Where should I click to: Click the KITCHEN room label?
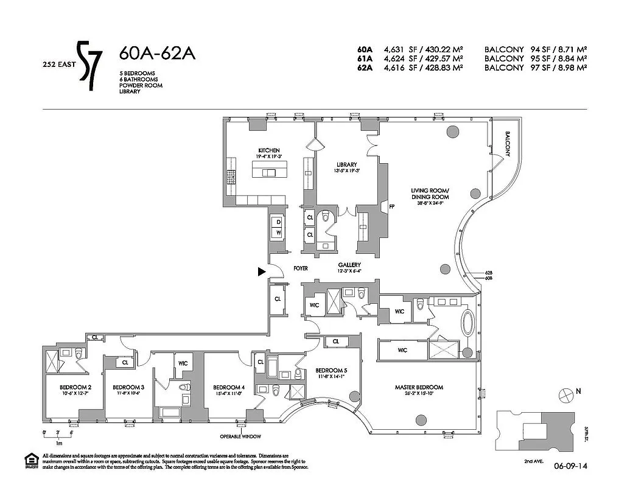pos(268,150)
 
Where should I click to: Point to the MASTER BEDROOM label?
pos(418,388)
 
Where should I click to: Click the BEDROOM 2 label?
pos(75,388)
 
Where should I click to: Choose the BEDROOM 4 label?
pos(229,388)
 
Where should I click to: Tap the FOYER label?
pos(300,268)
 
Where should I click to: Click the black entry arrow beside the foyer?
pos(262,272)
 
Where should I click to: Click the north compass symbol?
pos(565,395)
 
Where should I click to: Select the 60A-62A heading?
pos(157,54)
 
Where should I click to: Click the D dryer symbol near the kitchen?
pos(278,222)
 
